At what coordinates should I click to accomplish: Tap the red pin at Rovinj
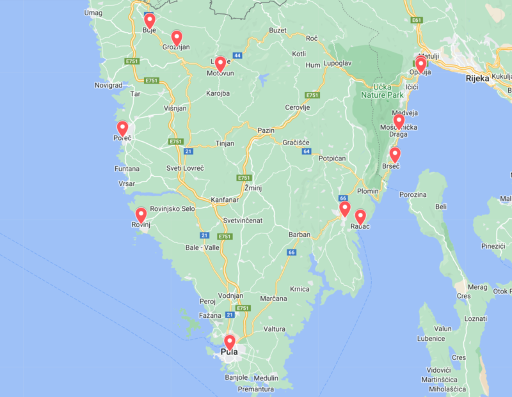(141, 215)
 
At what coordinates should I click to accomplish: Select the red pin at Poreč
(122, 128)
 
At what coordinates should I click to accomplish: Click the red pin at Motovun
(220, 63)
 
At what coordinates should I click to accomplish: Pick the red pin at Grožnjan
(177, 38)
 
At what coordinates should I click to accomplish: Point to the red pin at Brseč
(395, 154)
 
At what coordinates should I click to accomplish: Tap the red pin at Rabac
(360, 217)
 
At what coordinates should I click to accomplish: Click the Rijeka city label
(477, 78)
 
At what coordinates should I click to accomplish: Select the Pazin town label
(266, 130)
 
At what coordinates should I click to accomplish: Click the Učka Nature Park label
(383, 91)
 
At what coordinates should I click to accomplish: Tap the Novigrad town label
(108, 85)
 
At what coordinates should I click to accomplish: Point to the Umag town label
(93, 13)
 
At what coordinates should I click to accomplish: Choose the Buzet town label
(278, 30)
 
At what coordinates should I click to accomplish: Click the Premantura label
(256, 388)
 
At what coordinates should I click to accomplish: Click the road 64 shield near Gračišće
(307, 152)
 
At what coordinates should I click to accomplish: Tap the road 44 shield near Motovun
(237, 56)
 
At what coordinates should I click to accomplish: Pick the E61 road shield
(418, 20)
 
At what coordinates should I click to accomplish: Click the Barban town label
(300, 235)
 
